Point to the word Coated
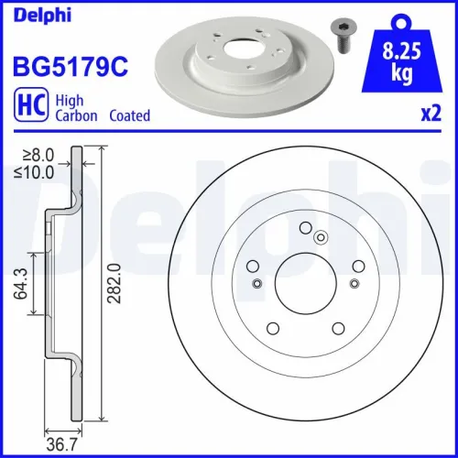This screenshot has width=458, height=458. tap(129, 116)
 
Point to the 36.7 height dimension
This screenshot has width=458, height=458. tap(61, 445)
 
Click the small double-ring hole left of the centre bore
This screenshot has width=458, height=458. tap(257, 283)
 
